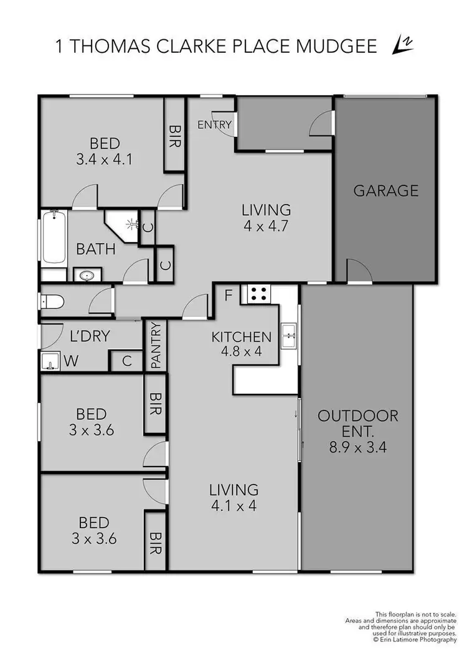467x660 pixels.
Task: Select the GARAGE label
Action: (385, 190)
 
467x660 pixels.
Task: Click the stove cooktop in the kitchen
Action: (258, 294)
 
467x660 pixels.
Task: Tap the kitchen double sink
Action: (288, 336)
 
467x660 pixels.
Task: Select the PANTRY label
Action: (156, 346)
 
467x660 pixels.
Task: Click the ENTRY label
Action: (214, 125)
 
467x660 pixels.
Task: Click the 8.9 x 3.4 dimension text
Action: (357, 447)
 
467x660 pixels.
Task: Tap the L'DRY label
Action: (90, 337)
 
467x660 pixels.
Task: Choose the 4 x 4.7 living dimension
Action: (267, 226)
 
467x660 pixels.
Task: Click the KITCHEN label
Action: (242, 337)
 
